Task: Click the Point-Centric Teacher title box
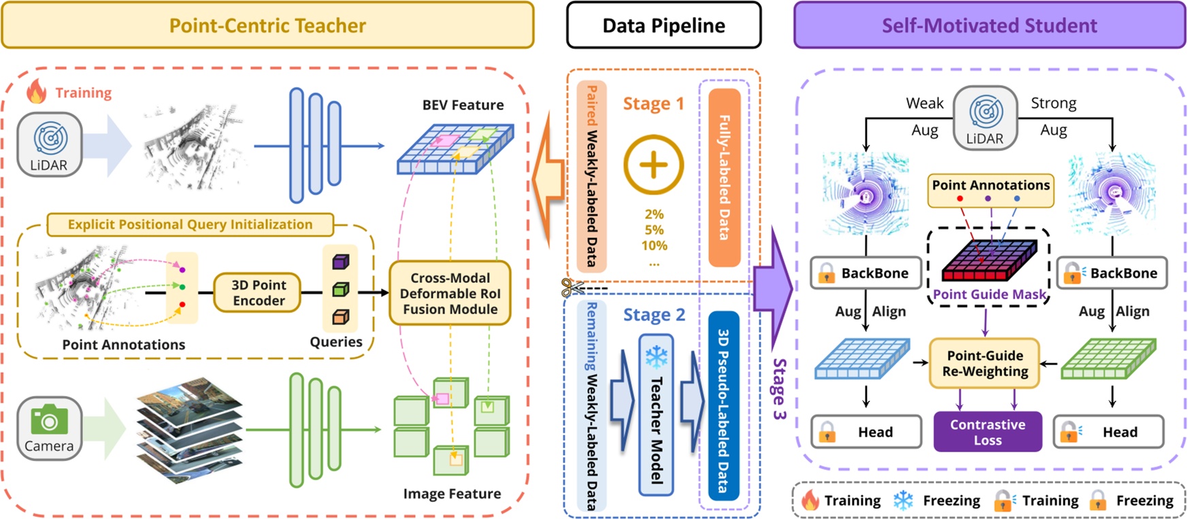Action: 267,25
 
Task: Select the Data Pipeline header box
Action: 663,25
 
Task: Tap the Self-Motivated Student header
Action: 989,25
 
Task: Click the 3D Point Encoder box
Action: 258,292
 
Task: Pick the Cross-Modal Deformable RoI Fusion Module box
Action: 450,293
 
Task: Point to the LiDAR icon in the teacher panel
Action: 49,144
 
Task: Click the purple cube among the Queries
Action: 340,262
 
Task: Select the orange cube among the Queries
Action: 340,316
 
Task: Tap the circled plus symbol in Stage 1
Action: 653,165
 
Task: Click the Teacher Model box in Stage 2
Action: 656,415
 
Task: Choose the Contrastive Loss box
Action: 987,431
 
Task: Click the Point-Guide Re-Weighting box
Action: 985,363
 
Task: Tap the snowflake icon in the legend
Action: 903,501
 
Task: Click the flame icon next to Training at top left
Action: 36,91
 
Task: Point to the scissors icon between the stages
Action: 570,288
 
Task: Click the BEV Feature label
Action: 463,105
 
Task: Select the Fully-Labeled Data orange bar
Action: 724,177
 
